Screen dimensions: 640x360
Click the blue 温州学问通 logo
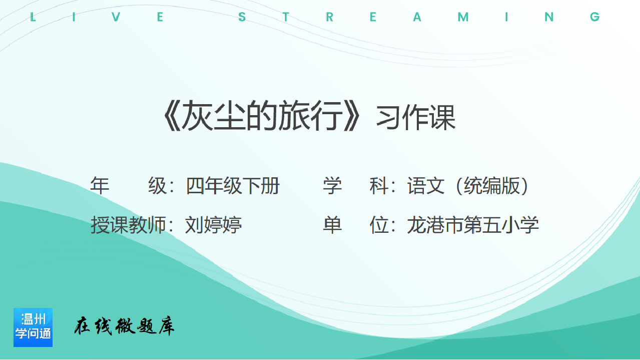(x=33, y=327)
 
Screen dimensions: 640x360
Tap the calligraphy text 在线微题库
(x=124, y=326)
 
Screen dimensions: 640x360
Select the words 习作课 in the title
(x=416, y=117)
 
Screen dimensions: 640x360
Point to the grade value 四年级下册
(x=233, y=186)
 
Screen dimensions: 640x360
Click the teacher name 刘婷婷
(x=214, y=225)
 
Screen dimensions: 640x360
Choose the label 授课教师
(x=128, y=225)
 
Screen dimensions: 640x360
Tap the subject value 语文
(x=426, y=186)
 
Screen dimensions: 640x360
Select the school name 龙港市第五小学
(x=473, y=225)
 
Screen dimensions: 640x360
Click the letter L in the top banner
(x=33, y=17)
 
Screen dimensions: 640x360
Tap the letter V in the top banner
(x=116, y=17)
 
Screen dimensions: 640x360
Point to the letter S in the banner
(x=242, y=17)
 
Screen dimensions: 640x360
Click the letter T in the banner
(x=286, y=17)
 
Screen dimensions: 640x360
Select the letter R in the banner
(x=329, y=17)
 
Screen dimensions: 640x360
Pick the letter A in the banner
(x=417, y=17)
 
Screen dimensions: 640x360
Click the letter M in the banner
(x=463, y=17)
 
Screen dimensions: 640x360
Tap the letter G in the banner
(x=595, y=17)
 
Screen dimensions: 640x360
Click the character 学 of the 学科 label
(x=332, y=186)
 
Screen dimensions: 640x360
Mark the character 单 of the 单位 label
(x=332, y=225)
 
